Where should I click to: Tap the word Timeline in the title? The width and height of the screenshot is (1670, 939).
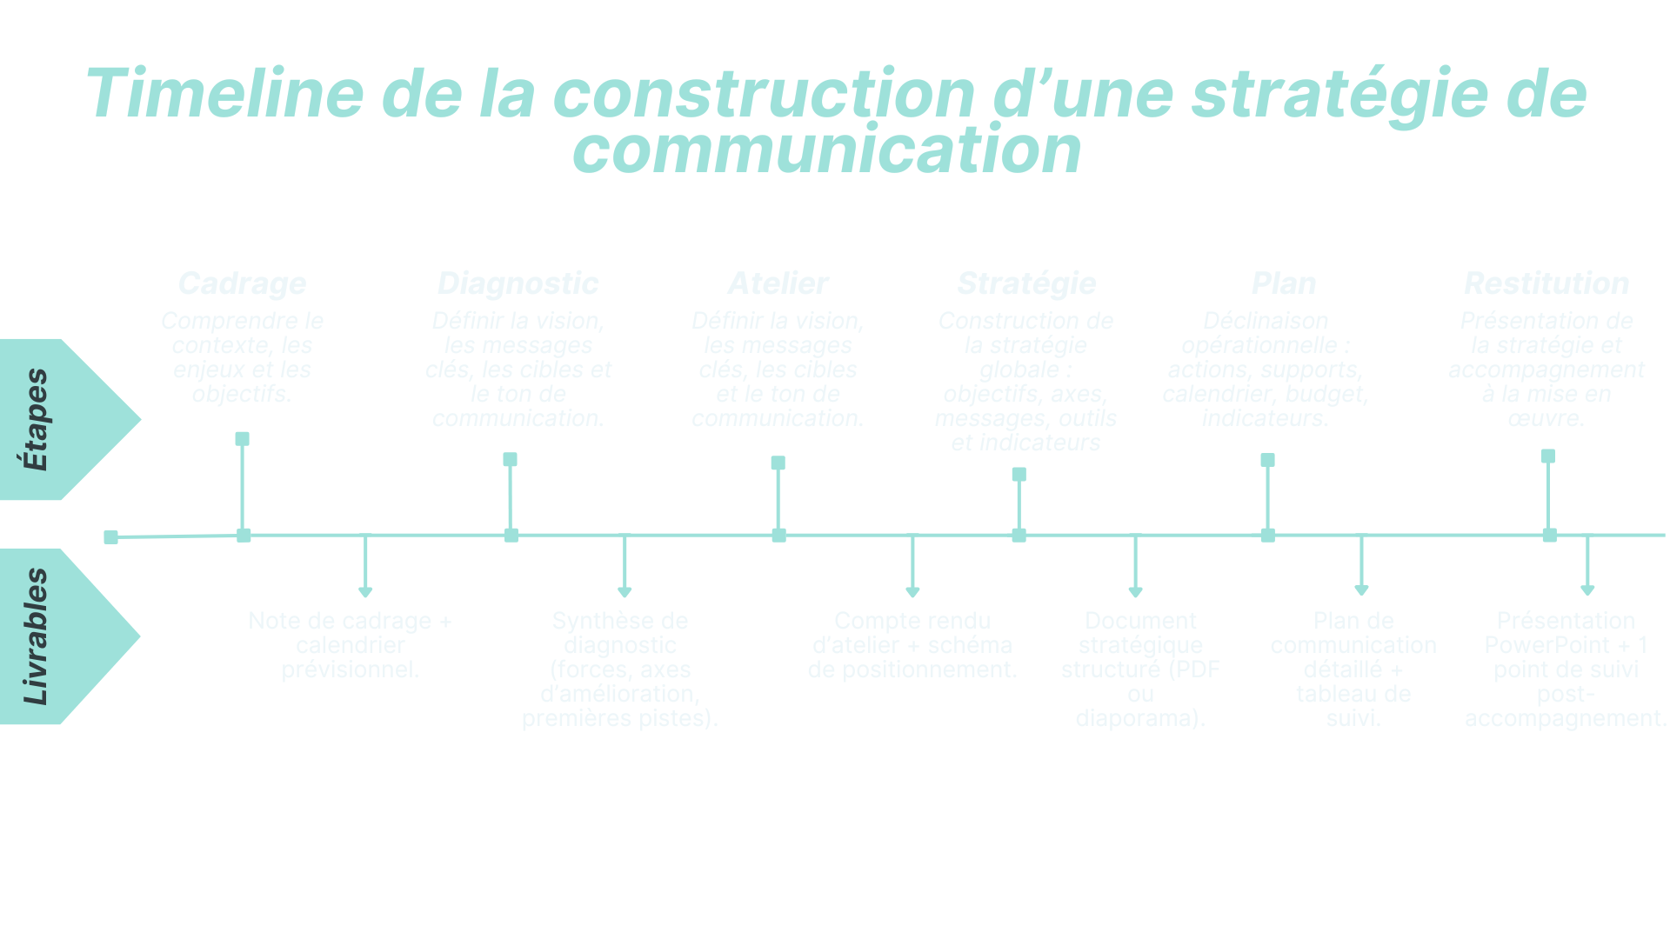pyautogui.click(x=224, y=94)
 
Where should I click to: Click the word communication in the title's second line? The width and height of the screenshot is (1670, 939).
pyautogui.click(x=826, y=150)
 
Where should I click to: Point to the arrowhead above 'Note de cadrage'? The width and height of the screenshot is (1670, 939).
pyautogui.click(x=365, y=592)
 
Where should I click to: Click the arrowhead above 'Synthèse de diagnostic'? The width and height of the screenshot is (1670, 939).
pyautogui.click(x=624, y=592)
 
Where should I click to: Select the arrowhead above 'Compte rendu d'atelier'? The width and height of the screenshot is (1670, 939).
pyautogui.click(x=912, y=592)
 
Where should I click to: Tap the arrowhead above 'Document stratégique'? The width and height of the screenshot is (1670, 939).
pyautogui.click(x=1135, y=592)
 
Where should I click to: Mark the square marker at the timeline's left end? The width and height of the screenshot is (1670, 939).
pyautogui.click(x=110, y=537)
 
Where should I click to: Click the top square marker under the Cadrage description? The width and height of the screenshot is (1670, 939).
pyautogui.click(x=242, y=439)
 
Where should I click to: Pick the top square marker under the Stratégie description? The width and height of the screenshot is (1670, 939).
pyautogui.click(x=1019, y=475)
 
